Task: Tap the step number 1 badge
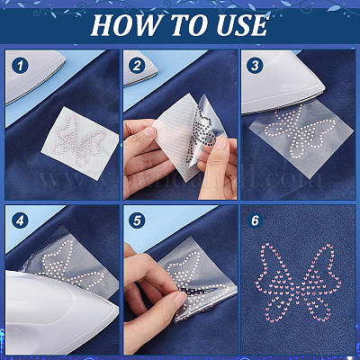[x=20, y=66]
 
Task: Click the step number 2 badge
[x=137, y=66]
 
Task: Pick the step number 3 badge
[x=255, y=66]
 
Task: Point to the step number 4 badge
[x=20, y=221]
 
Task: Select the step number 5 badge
[x=137, y=221]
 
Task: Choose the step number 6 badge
[x=255, y=221]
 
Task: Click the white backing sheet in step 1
[x=79, y=143]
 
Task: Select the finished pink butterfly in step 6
[x=299, y=282]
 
